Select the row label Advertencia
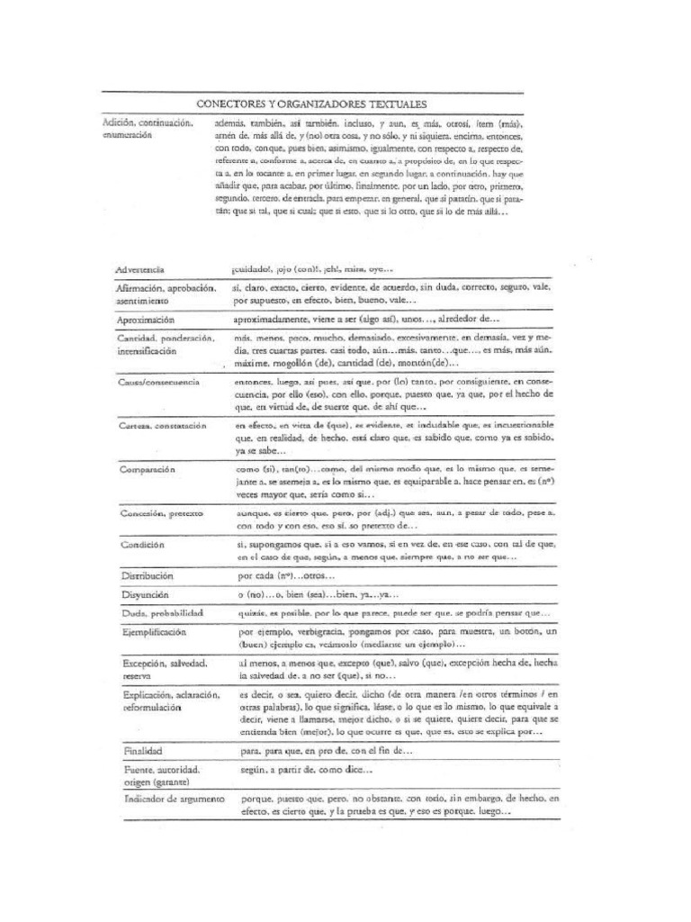144,269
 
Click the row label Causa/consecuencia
157,382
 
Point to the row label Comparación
148,469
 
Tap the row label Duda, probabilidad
161,613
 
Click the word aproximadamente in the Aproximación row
272,320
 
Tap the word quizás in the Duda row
250,613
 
